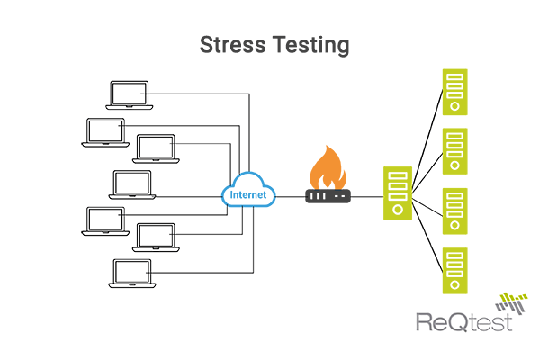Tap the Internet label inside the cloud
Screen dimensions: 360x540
[x=247, y=194]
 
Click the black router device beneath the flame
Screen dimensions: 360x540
[x=325, y=195]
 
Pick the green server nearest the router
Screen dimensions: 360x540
[x=396, y=193]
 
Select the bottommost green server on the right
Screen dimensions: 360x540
[x=455, y=271]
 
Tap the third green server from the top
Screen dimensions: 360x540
[x=455, y=211]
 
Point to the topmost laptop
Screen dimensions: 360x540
[x=127, y=94]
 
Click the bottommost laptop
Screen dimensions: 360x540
[x=130, y=274]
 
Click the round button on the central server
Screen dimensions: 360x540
[x=396, y=210]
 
